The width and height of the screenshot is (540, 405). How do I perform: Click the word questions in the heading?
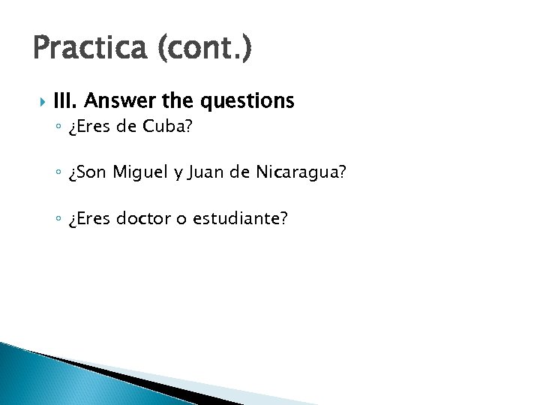tap(243, 100)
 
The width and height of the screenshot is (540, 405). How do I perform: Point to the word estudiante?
tap(240, 218)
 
